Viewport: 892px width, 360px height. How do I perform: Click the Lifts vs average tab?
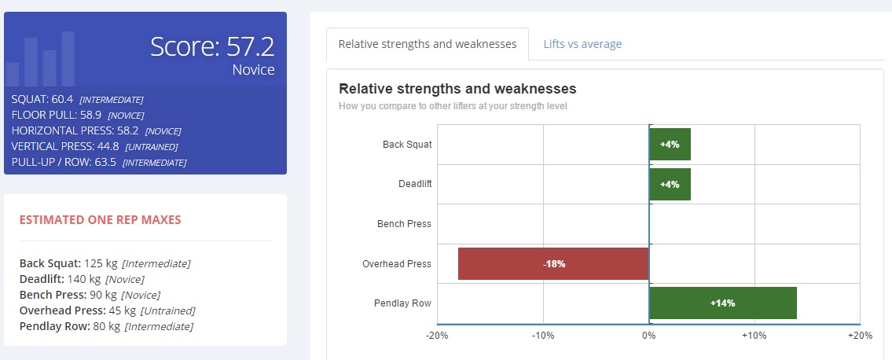click(x=582, y=44)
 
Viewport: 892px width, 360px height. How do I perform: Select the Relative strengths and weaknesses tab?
click(x=428, y=44)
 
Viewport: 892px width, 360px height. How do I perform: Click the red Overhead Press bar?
click(x=553, y=264)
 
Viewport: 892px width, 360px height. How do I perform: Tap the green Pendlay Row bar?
click(x=723, y=303)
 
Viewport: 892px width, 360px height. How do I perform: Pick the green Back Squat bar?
click(x=670, y=145)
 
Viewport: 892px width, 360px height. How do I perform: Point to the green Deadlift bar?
click(x=670, y=184)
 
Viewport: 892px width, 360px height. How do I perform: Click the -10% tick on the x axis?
click(x=543, y=336)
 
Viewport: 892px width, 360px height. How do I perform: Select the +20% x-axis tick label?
click(x=860, y=336)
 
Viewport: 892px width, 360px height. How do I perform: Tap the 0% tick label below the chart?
click(x=649, y=336)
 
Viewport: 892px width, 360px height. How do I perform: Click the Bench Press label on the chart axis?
click(x=404, y=224)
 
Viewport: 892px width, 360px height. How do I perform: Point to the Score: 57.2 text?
click(x=212, y=46)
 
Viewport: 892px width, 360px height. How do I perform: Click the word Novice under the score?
click(x=253, y=70)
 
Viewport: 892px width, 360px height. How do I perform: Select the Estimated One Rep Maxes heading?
click(x=100, y=220)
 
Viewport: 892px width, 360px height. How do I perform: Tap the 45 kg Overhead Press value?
click(x=123, y=310)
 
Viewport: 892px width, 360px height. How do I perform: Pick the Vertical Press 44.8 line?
click(x=94, y=147)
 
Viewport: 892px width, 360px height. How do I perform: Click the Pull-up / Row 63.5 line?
click(x=98, y=162)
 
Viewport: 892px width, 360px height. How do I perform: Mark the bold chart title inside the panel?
click(x=457, y=89)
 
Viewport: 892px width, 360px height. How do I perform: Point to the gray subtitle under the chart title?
click(x=452, y=106)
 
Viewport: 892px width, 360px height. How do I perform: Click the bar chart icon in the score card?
click(x=40, y=59)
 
